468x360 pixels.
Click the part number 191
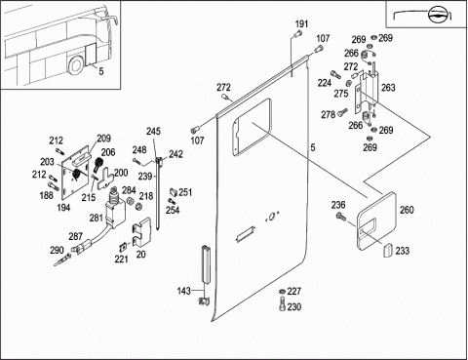pos(301,24)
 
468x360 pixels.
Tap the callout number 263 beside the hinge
pos(388,88)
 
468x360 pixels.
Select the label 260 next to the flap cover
pos(407,210)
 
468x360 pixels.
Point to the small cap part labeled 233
pos(388,250)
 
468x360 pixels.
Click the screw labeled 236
pos(340,216)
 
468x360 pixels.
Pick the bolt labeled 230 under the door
pos(282,303)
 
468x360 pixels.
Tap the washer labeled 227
pos(283,291)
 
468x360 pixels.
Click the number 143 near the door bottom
pos(184,291)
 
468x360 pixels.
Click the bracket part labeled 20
pos(142,234)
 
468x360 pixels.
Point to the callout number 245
pos(153,131)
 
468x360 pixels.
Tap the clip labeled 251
pos(174,192)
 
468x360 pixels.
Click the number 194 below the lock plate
pos(63,207)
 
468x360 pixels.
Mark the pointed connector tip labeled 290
pos(62,260)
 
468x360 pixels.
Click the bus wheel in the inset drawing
pos(75,65)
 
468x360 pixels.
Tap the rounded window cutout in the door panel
pos(252,126)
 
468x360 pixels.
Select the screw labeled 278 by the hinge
pos(342,113)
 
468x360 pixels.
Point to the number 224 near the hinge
pos(324,83)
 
